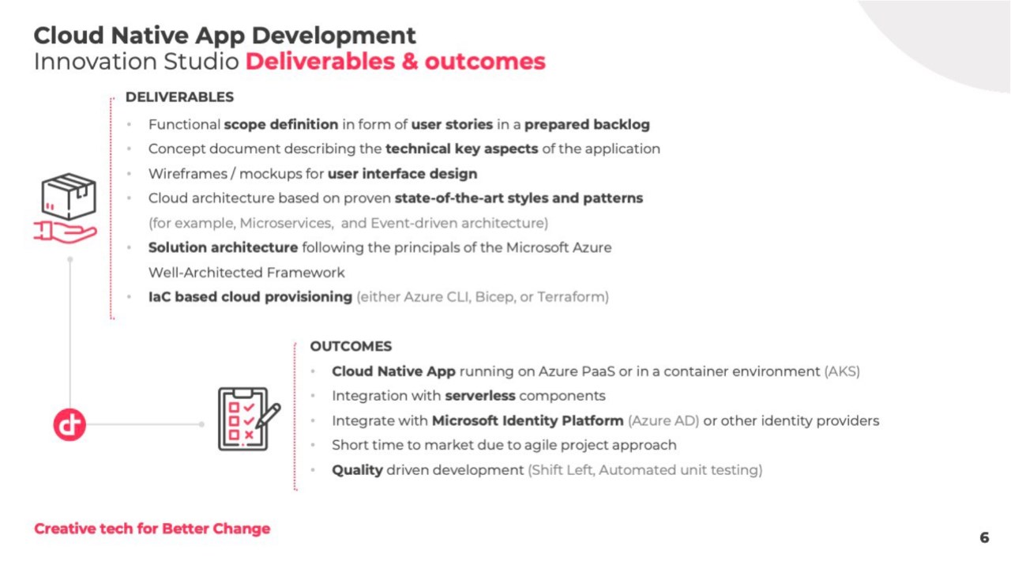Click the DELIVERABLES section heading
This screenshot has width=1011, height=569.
click(179, 97)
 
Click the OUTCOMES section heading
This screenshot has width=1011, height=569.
click(351, 346)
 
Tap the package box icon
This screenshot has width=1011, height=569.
click(69, 196)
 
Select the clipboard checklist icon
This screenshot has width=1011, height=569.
click(249, 419)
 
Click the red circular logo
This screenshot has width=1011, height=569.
click(70, 424)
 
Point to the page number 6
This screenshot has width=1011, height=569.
click(984, 537)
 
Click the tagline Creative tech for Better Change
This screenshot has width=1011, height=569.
click(152, 529)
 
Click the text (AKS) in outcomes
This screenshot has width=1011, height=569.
click(842, 371)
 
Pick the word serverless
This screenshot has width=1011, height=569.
click(480, 396)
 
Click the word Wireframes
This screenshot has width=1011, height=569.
click(188, 174)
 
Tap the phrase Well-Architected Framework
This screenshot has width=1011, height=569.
click(246, 273)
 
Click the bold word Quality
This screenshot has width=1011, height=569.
click(358, 470)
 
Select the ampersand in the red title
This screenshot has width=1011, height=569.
click(410, 62)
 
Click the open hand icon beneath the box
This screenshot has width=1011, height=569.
click(65, 232)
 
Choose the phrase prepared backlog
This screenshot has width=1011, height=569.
click(587, 125)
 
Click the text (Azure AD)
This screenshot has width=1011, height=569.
click(663, 421)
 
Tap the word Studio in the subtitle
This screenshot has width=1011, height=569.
click(201, 62)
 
